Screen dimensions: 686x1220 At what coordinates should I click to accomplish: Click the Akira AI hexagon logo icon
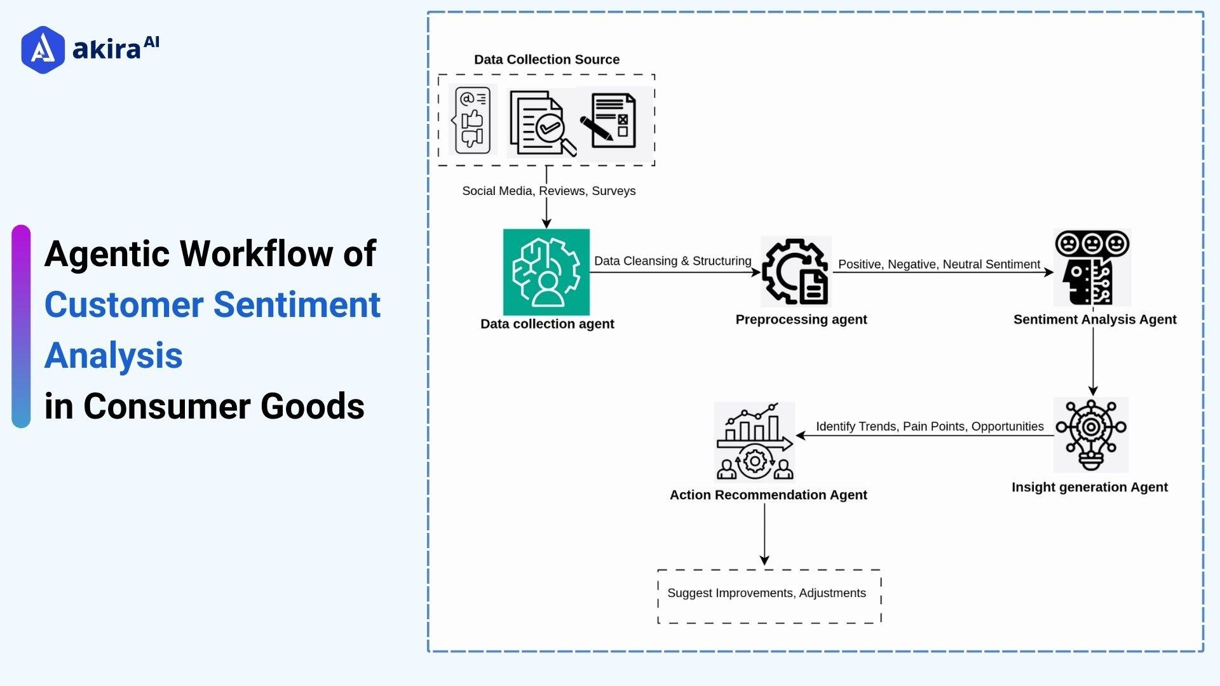coord(43,50)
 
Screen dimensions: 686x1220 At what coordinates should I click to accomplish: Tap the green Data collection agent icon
coord(546,272)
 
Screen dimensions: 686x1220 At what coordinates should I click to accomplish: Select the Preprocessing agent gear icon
coord(796,272)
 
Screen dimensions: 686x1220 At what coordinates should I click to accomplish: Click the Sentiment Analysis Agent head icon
coord(1092,268)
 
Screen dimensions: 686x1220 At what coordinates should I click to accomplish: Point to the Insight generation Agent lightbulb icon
coord(1090,435)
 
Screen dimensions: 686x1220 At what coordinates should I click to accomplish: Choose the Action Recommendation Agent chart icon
coord(754,441)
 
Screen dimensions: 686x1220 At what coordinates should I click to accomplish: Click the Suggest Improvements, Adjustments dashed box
coord(769,596)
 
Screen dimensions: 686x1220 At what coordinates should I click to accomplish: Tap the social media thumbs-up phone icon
coord(472,120)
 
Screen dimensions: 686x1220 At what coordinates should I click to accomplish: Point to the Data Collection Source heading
coord(546,59)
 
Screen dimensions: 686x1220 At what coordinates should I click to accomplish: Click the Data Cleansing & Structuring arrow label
coord(672,261)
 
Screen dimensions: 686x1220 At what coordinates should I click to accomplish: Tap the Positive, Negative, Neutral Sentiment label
coord(939,264)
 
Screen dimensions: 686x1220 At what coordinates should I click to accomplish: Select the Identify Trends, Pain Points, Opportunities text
coord(929,426)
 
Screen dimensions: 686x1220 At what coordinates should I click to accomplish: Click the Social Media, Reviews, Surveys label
coord(548,191)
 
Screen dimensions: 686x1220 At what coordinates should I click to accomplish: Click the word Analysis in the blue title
coord(114,355)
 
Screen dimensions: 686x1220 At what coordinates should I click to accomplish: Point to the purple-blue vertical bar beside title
coord(21,326)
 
